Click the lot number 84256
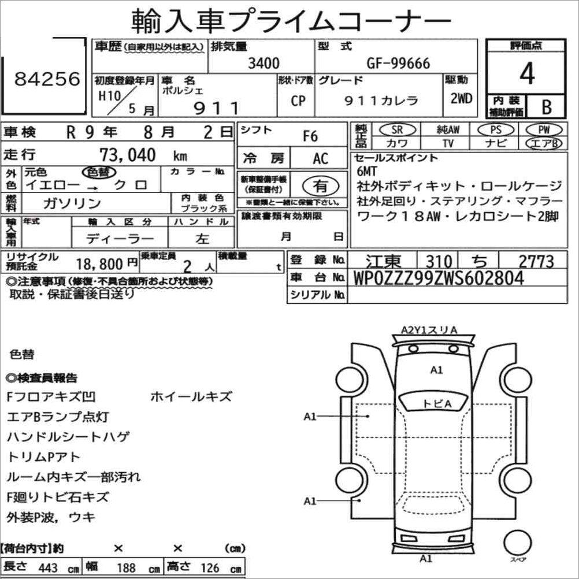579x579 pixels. [47, 79]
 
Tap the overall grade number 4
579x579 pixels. [527, 73]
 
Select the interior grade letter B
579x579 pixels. [547, 107]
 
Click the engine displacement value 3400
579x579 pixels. [263, 63]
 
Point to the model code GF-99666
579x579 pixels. [398, 63]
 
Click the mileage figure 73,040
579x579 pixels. [128, 155]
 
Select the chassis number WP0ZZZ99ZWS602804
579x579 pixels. [439, 278]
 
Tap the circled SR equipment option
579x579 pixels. [398, 129]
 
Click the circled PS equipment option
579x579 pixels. [496, 129]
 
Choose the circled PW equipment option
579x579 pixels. [544, 129]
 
